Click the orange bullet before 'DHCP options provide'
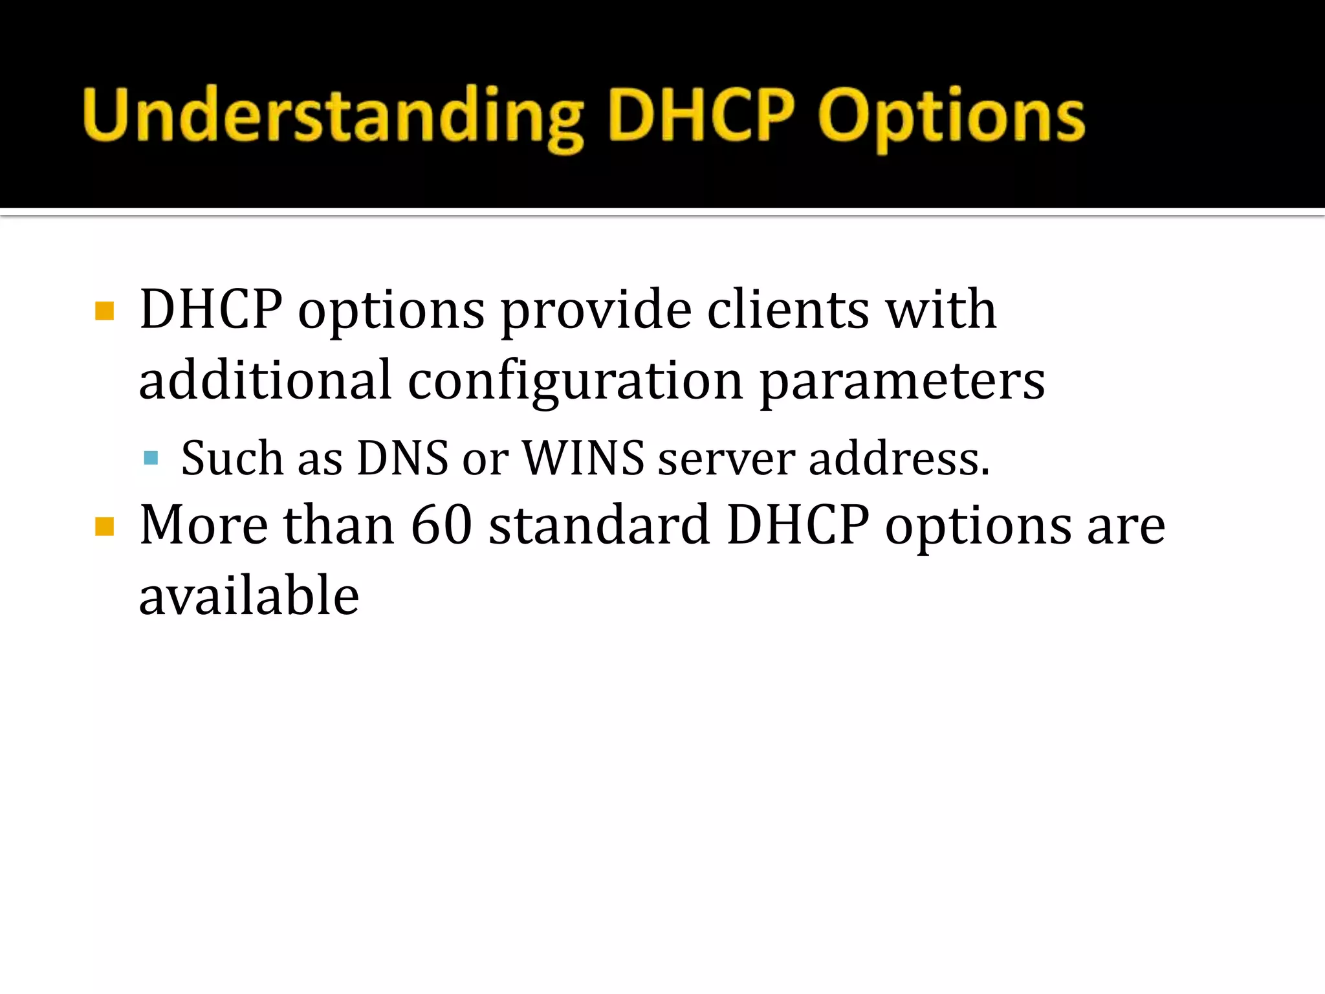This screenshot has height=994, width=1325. (x=104, y=311)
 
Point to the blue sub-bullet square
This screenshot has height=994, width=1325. (x=151, y=459)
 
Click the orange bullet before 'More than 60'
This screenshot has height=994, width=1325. (x=104, y=527)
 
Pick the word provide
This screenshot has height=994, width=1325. (x=596, y=310)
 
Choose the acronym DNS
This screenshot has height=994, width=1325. (x=402, y=458)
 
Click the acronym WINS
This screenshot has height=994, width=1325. (x=583, y=458)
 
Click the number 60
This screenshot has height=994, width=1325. (x=441, y=525)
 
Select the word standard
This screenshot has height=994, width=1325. (x=599, y=525)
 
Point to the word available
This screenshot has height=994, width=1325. (x=249, y=595)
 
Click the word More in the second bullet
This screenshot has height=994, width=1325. (x=204, y=525)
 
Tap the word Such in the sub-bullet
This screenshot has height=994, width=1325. (x=232, y=458)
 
